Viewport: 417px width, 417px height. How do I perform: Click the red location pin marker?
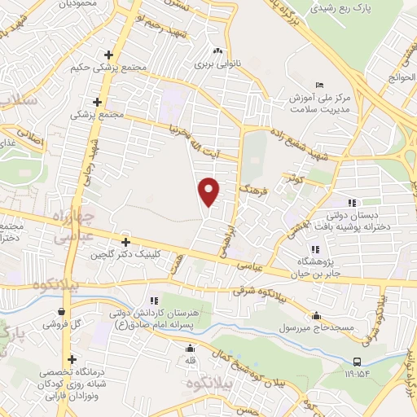[x=209, y=191]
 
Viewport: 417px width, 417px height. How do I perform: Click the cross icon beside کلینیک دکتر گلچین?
[x=125, y=243]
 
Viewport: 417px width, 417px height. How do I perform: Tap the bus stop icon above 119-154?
[x=358, y=362]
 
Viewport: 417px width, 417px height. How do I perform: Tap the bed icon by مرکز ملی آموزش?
[x=318, y=85]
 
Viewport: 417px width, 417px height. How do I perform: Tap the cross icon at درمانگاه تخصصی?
[x=72, y=359]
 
